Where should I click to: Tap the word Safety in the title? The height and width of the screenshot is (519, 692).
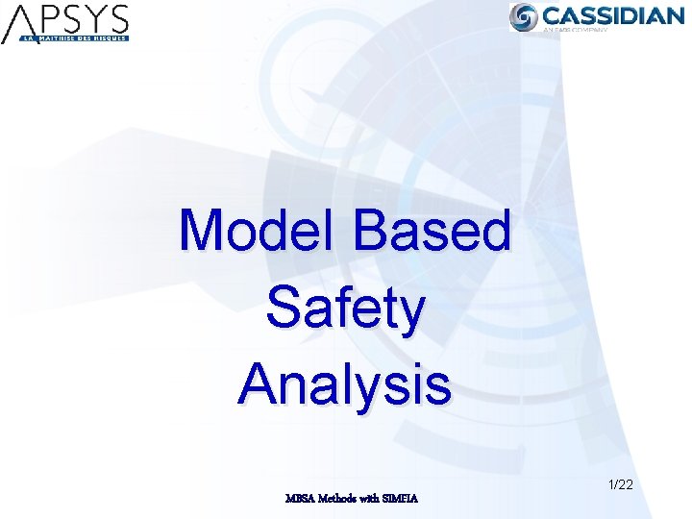[345, 309]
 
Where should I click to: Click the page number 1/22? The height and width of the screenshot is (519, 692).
[621, 485]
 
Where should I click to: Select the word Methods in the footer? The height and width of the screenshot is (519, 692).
[338, 498]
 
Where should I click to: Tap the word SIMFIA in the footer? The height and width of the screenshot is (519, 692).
[400, 498]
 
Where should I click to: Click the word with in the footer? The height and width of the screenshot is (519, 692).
[370, 498]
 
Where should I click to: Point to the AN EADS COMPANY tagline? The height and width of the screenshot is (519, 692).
[577, 31]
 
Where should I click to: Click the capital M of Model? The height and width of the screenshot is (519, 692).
[201, 232]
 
